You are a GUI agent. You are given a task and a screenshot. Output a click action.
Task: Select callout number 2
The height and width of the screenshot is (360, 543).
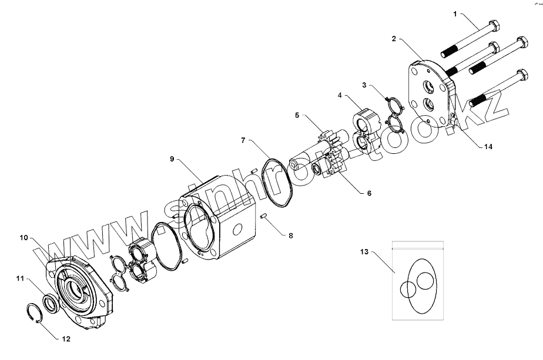point(394,39)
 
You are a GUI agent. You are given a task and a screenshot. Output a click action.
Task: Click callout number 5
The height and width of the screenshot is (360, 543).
point(297,115)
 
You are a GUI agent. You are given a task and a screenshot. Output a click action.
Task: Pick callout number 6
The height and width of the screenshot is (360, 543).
point(369,193)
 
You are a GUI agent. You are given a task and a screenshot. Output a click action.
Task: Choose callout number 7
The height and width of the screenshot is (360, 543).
point(242,140)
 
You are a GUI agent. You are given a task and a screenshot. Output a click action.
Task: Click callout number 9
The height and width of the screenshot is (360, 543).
point(172,159)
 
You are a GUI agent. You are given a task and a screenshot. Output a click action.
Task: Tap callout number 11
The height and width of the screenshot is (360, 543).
point(20,279)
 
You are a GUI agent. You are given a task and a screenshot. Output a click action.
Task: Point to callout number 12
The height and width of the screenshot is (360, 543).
point(66,339)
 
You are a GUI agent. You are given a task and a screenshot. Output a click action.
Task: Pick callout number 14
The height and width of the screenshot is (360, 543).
point(488,147)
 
